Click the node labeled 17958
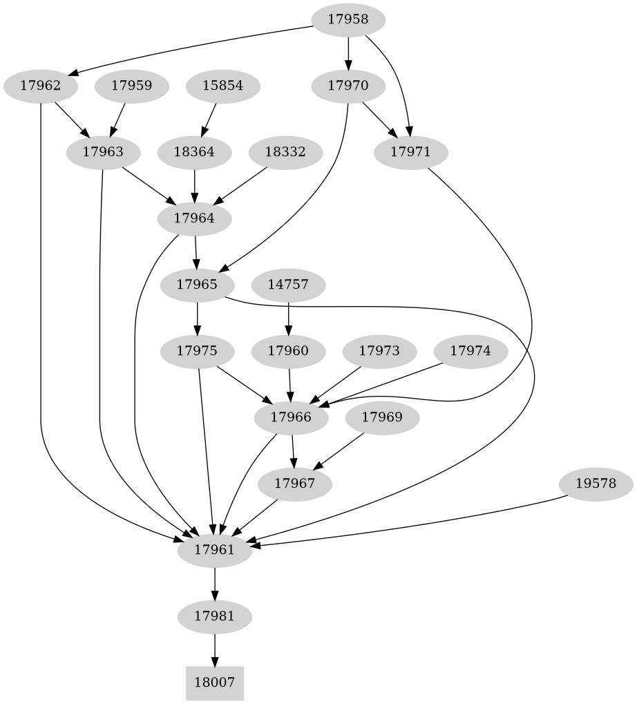pos(348,20)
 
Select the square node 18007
pos(215,683)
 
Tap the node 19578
pos(595,484)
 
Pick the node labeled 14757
pos(287,284)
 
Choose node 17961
pos(214,550)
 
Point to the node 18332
pos(285,152)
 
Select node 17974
pos(470,351)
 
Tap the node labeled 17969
pos(382,417)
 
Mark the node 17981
pos(215,616)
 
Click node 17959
pos(131,86)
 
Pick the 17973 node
pos(379,351)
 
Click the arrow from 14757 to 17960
pos(287,317)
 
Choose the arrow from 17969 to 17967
pos(340,450)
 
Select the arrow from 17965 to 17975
pos(198,317)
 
